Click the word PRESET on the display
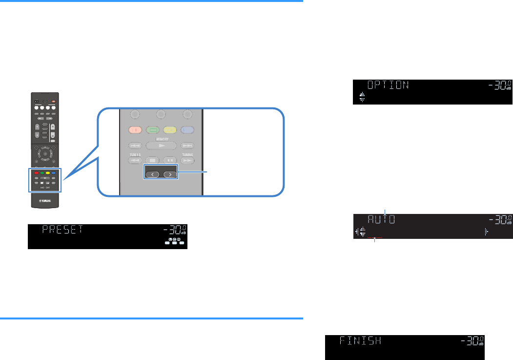click(63, 230)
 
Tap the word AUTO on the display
click(381, 219)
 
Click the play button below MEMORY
click(161, 146)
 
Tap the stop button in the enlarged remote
click(152, 159)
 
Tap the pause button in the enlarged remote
click(169, 159)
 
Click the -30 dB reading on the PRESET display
click(174, 231)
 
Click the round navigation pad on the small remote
click(45, 153)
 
